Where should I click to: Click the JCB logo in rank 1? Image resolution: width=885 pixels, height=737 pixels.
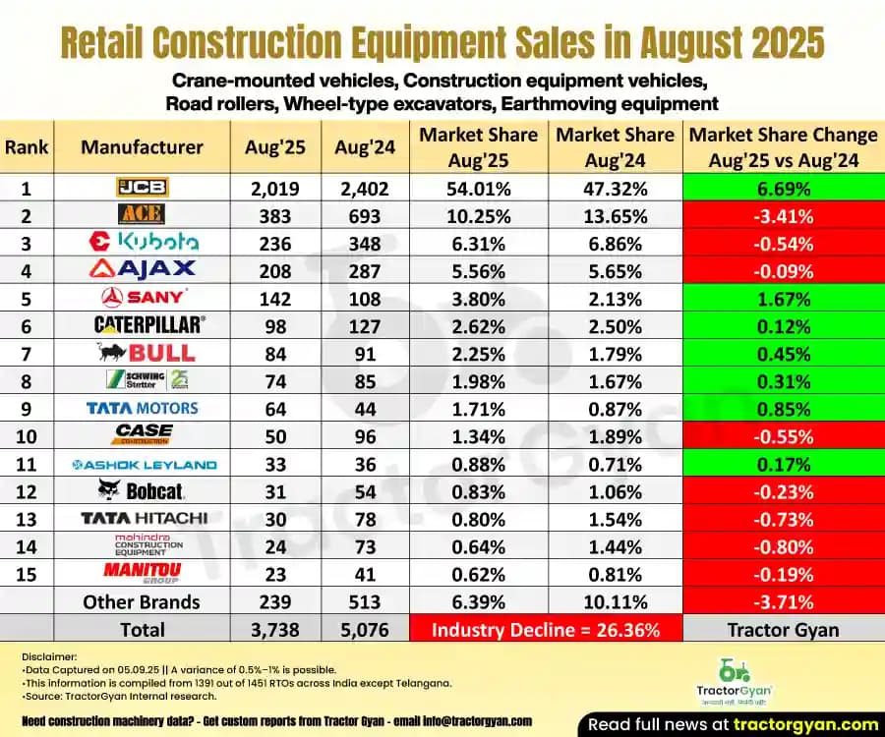pos(142,188)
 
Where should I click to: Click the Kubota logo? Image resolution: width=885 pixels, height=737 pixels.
pos(143,241)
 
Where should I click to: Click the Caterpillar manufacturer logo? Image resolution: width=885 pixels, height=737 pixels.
pos(142,323)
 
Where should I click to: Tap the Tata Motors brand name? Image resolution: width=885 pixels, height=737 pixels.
pos(142,408)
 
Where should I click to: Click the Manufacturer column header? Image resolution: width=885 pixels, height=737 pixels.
pos(142,147)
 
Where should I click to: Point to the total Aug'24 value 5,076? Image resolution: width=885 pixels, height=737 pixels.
pos(365,629)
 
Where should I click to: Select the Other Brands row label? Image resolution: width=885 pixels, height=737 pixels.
pos(142,601)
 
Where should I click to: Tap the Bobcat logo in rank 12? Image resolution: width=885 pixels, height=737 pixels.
pos(142,489)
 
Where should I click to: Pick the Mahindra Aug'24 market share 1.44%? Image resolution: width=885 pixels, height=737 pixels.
pos(615,546)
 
